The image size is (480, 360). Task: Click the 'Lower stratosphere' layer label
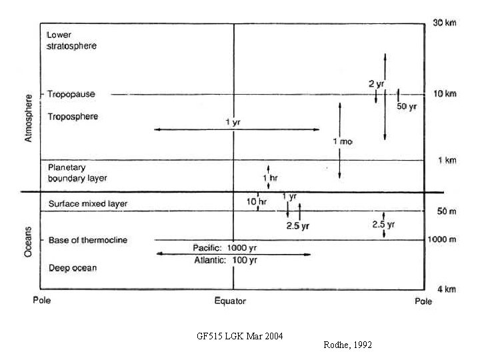(72, 40)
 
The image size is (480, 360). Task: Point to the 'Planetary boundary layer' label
(77, 173)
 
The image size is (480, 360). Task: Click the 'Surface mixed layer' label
(88, 203)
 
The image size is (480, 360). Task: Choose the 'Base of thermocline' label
(88, 240)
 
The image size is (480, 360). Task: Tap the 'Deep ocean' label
(73, 268)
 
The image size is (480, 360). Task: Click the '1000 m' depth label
(441, 239)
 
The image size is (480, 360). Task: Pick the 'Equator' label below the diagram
(229, 301)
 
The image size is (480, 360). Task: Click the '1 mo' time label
(342, 141)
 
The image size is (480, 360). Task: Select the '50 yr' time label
(407, 107)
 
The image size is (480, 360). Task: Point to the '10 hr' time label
(257, 201)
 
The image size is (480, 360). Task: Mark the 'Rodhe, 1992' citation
(347, 345)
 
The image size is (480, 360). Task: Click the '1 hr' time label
(269, 178)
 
